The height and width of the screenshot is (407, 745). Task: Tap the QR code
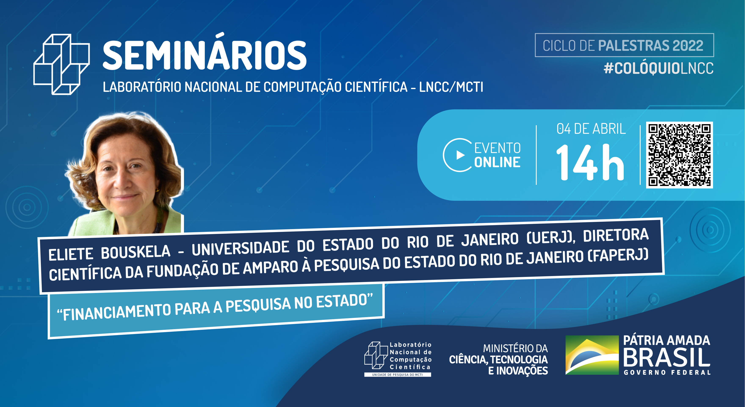click(679, 155)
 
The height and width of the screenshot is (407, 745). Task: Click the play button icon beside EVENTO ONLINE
click(460, 155)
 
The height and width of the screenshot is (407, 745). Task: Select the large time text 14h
click(590, 162)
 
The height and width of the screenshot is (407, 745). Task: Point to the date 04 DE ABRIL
click(591, 129)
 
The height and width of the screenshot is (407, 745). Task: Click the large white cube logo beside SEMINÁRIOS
click(62, 64)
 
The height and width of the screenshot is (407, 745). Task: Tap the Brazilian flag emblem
click(592, 355)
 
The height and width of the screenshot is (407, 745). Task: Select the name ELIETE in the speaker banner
click(71, 254)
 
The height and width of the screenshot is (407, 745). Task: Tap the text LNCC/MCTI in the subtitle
click(451, 87)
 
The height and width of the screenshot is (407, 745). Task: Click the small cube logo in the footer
click(376, 356)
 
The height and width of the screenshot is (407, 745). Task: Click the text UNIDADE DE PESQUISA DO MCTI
click(397, 375)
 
